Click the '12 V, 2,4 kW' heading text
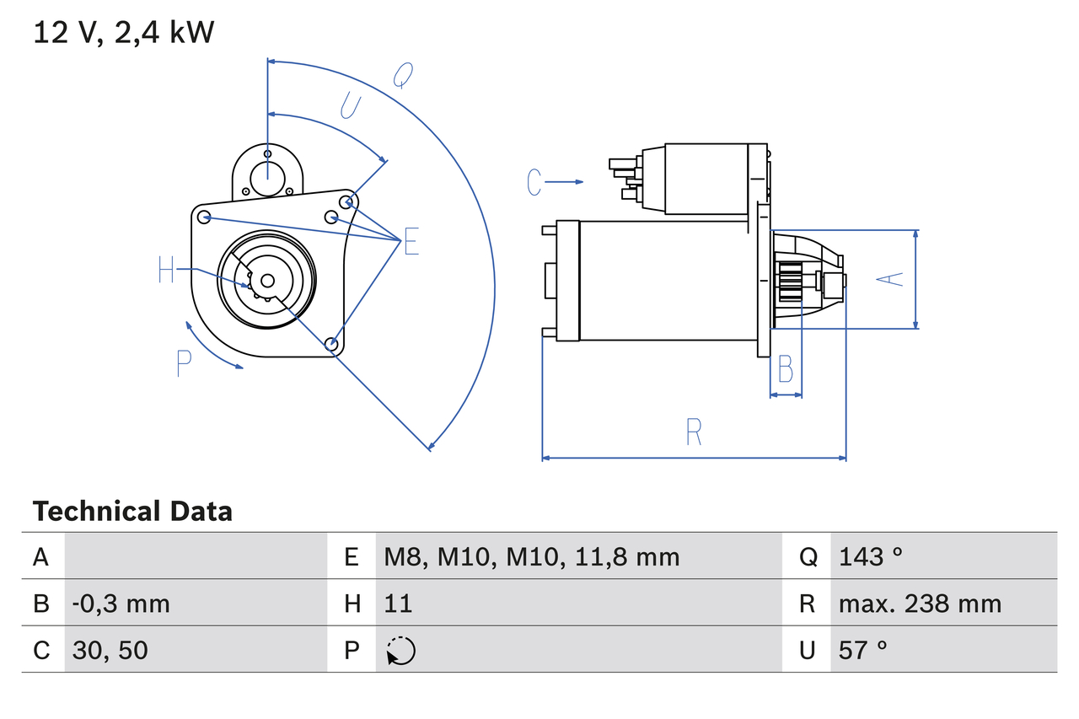(x=124, y=33)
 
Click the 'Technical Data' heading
(x=132, y=511)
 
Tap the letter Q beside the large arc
(x=403, y=76)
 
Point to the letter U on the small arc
(x=350, y=106)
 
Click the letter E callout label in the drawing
(x=411, y=242)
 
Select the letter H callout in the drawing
(x=166, y=270)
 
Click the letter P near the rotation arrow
(x=184, y=363)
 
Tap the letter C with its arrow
(x=534, y=181)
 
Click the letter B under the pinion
(x=785, y=368)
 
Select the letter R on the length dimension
(x=693, y=432)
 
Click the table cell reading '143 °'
(x=871, y=556)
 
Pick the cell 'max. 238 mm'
(x=920, y=604)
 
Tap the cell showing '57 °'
(x=863, y=650)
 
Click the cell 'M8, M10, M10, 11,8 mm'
(x=531, y=556)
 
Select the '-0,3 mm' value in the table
(x=121, y=604)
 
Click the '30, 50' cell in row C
(x=110, y=650)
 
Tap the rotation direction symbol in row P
(x=400, y=651)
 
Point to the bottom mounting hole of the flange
(x=331, y=343)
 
